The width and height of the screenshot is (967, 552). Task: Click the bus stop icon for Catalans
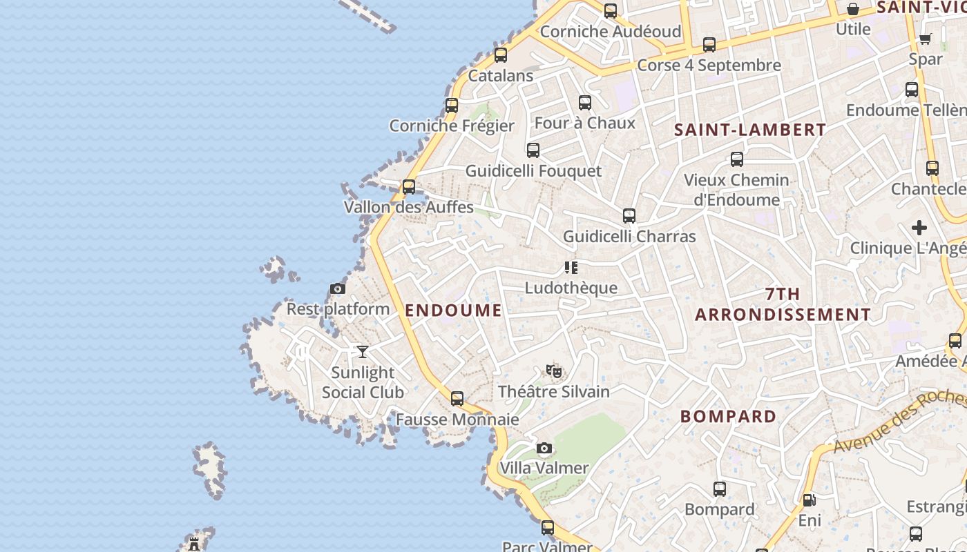(x=501, y=55)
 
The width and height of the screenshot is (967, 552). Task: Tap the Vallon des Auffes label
(x=409, y=207)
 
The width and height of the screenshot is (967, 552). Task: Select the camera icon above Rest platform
(x=338, y=288)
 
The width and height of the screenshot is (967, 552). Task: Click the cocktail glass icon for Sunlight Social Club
(x=363, y=352)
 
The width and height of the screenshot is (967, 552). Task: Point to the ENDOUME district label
(x=454, y=310)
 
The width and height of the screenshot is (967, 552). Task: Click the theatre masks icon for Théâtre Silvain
(x=554, y=371)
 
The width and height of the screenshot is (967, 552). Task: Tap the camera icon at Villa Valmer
(x=544, y=448)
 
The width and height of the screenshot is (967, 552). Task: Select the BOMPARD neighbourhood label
(x=729, y=417)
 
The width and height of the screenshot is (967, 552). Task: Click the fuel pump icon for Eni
(x=809, y=500)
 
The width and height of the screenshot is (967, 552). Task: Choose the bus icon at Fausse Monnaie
(x=457, y=399)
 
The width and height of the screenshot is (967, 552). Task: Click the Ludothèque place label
(x=571, y=288)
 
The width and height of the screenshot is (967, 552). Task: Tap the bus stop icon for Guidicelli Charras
(x=629, y=216)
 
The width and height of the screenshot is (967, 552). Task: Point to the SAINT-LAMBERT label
(x=750, y=130)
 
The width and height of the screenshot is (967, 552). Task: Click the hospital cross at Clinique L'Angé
(x=919, y=227)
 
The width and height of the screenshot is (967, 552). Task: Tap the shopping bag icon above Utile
(x=853, y=10)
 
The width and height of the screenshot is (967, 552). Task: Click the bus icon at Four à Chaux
(x=585, y=103)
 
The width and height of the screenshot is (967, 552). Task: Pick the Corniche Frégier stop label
(x=452, y=126)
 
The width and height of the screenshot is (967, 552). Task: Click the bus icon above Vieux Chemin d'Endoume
(x=737, y=159)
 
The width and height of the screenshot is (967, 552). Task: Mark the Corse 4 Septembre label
(x=709, y=66)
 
